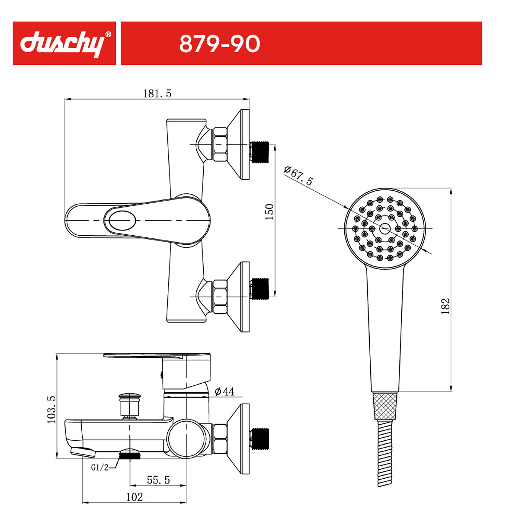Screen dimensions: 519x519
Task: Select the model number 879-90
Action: click(220, 44)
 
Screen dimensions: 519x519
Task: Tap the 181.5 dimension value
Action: click(157, 93)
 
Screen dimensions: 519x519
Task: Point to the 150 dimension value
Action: click(269, 211)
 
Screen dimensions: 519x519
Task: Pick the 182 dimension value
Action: click(445, 306)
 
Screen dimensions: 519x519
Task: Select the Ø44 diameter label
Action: click(224, 391)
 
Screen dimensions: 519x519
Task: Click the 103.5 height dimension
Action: click(51, 410)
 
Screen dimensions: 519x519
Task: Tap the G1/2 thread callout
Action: click(99, 468)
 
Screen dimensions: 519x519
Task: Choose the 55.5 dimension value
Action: click(158, 480)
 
